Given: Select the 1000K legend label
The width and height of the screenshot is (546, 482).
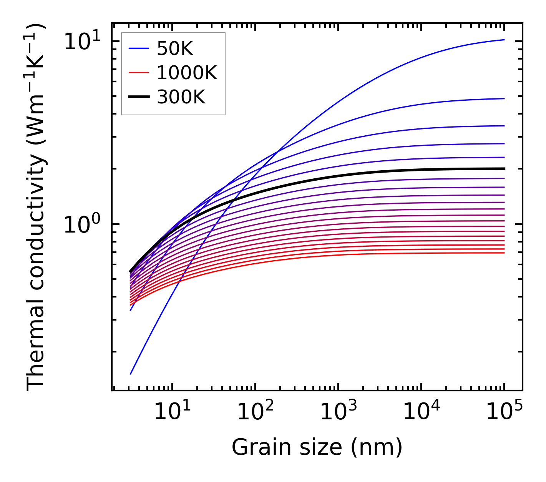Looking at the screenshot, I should tap(187, 73).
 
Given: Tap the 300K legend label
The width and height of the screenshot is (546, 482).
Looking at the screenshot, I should tap(181, 97).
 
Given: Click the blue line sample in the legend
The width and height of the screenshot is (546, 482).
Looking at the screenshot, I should tap(139, 48).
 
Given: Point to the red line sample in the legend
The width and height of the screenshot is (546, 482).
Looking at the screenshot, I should tap(139, 73).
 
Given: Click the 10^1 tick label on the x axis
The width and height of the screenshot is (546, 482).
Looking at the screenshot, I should tap(172, 412).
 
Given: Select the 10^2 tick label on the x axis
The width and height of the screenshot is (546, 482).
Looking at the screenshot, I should tap(255, 412).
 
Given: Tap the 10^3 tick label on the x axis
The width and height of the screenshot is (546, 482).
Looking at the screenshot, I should tap(338, 412).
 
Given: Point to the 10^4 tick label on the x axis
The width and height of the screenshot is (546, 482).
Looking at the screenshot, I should tap(421, 412).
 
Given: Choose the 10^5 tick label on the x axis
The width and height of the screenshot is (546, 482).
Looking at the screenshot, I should tap(504, 412).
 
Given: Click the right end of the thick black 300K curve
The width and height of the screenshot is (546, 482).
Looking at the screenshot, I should tap(504, 169).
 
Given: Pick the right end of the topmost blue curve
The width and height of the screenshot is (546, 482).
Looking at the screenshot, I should tap(504, 40).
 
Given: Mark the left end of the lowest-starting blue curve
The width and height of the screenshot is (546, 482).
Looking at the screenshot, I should tap(131, 374).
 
